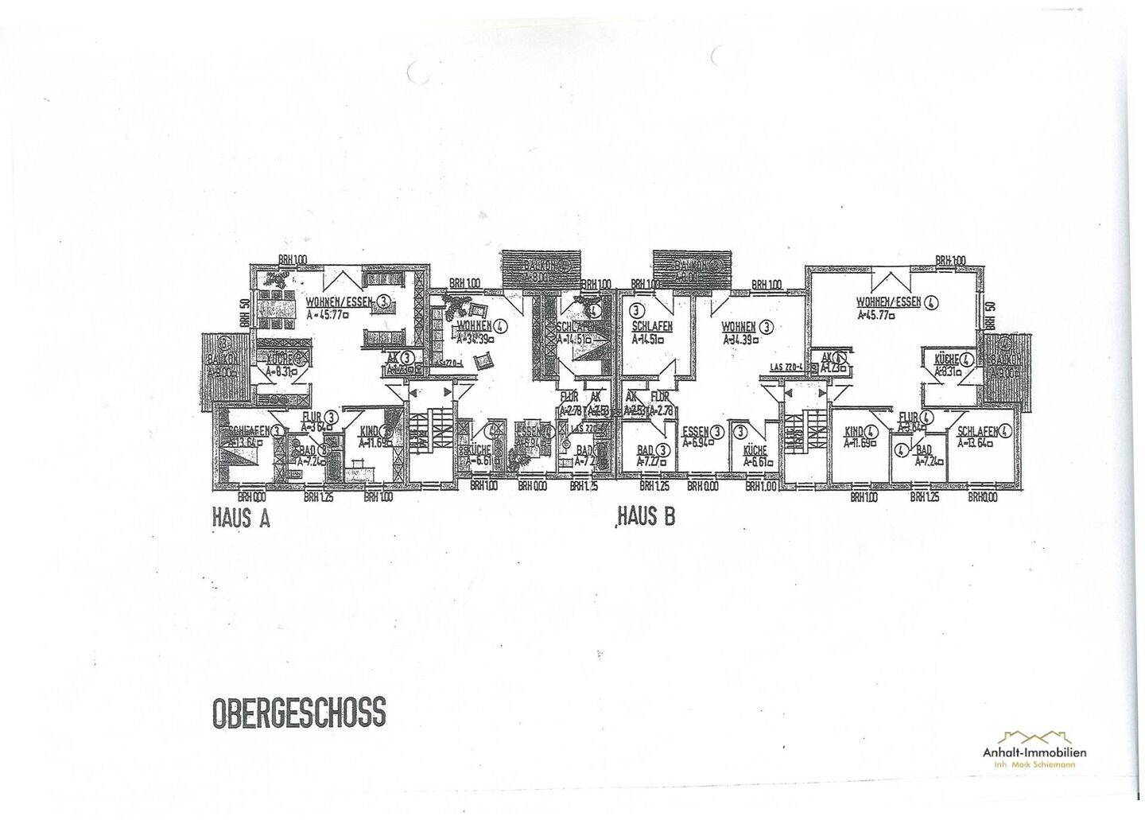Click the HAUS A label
click(x=241, y=519)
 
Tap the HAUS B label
click(x=646, y=517)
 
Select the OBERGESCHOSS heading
click(x=299, y=712)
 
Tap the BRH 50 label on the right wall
click(x=990, y=317)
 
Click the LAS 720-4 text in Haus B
click(x=787, y=367)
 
